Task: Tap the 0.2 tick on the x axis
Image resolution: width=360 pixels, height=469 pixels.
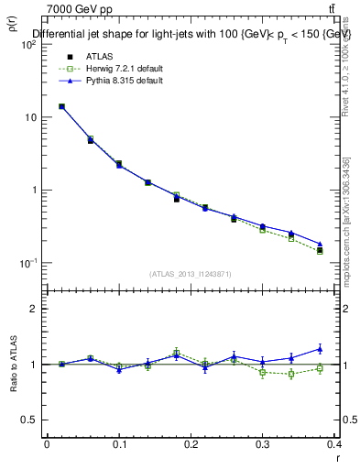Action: point(191,444)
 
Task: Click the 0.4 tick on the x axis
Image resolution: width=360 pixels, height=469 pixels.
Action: point(336,444)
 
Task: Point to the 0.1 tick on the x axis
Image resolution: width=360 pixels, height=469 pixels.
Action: point(119,444)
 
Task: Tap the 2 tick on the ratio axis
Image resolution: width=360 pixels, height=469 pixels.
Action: point(36,309)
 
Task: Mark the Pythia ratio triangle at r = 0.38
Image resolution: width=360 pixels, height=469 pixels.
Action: point(320,348)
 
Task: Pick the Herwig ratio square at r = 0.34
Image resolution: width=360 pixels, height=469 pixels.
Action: point(291,374)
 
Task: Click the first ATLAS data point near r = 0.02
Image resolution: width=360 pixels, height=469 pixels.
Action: point(61,106)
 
